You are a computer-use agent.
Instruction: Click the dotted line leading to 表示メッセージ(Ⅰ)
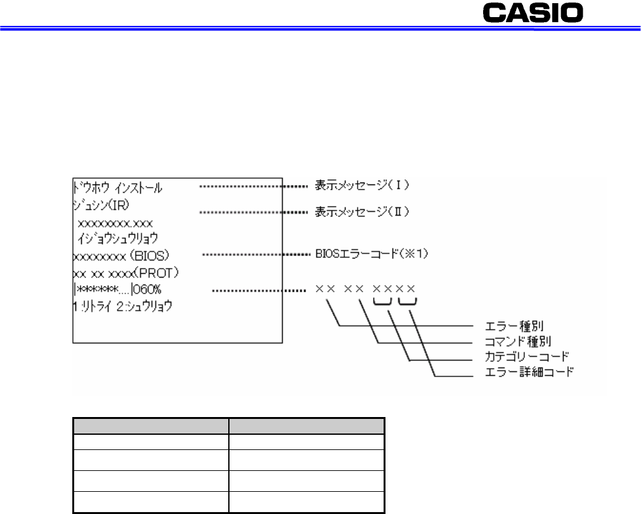[x=253, y=187]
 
